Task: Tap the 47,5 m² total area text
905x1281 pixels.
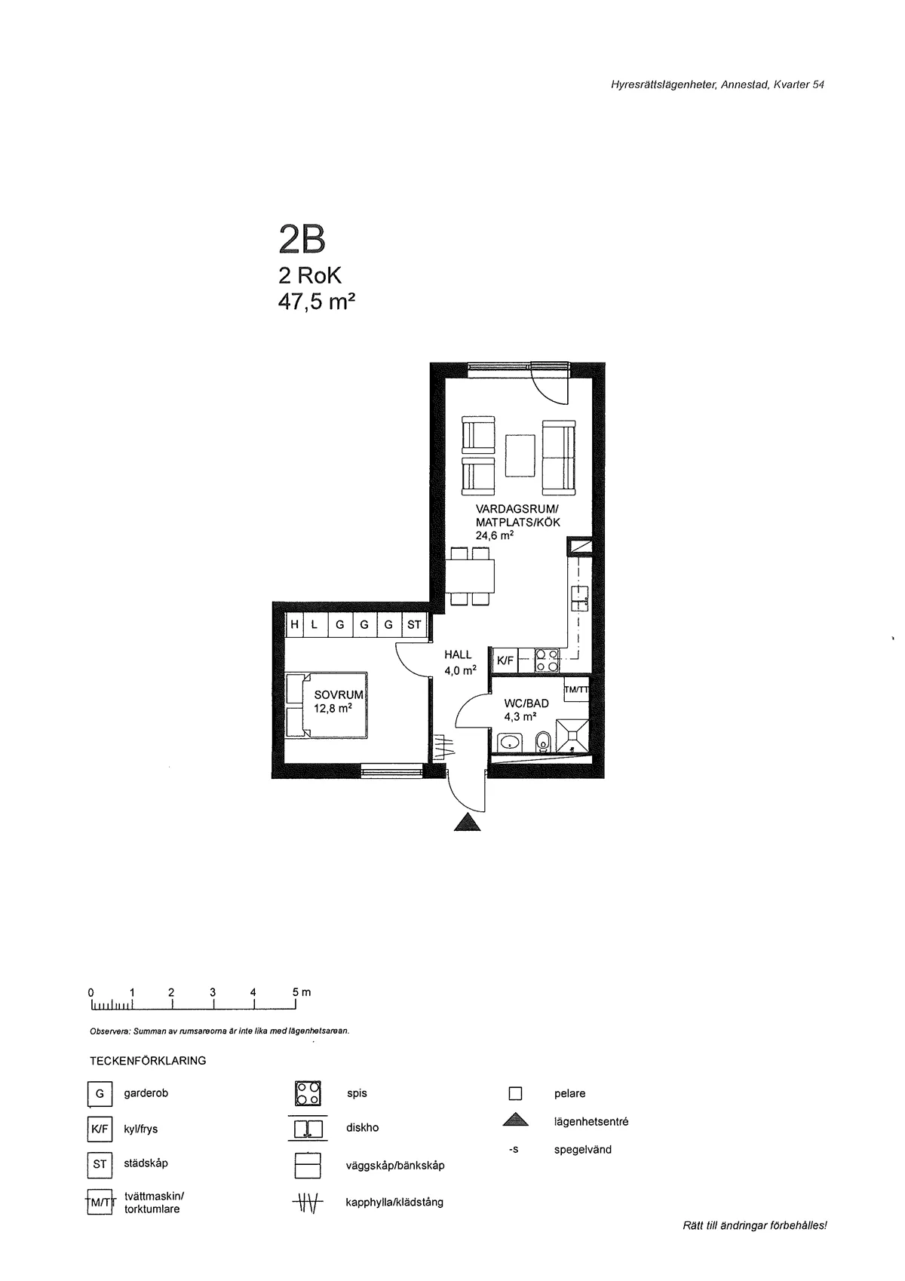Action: pyautogui.click(x=316, y=302)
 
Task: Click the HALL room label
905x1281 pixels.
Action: pyautogui.click(x=458, y=655)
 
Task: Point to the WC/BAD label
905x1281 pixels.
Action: pyautogui.click(x=526, y=703)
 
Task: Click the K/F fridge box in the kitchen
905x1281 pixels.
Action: pyautogui.click(x=505, y=660)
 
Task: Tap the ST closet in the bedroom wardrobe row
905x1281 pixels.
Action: pyautogui.click(x=414, y=625)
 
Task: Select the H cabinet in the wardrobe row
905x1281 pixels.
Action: pyautogui.click(x=294, y=625)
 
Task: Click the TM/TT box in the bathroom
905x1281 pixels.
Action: pyautogui.click(x=576, y=690)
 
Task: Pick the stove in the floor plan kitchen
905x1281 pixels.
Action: pyautogui.click(x=547, y=660)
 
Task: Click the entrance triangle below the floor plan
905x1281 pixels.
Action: pyautogui.click(x=468, y=823)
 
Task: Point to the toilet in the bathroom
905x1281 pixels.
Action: pyautogui.click(x=543, y=743)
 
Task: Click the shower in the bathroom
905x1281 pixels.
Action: pyautogui.click(x=575, y=736)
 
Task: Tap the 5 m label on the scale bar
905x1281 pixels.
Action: pyautogui.click(x=302, y=992)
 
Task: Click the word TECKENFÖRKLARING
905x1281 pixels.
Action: pyautogui.click(x=148, y=1061)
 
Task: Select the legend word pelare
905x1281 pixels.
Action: pyautogui.click(x=569, y=1093)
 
